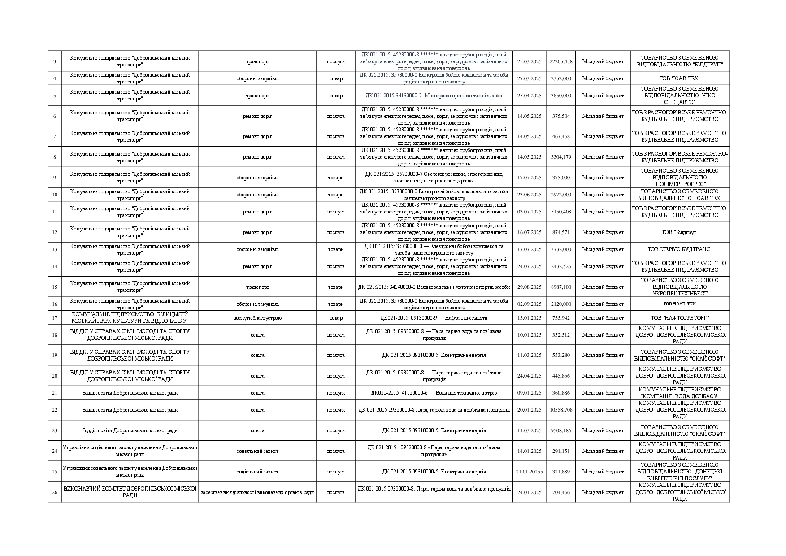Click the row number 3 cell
pos(55,61)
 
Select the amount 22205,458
pos(561,61)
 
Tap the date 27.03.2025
pos(530,78)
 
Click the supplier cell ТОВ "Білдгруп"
pos(680,232)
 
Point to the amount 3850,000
pos(561,96)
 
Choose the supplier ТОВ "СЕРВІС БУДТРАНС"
pos(680,249)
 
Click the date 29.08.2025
pos(530,287)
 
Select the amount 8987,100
pos(561,287)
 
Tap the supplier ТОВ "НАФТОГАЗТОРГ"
pos(680,318)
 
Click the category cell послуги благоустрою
pos(257,318)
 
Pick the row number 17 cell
pos(55,318)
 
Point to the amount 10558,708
pos(561,410)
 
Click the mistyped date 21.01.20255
pos(530,472)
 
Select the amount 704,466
pos(561,492)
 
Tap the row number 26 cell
pos(55,492)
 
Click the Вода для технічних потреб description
pos(434,393)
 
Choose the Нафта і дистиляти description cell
pos(434,318)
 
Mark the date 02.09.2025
pos(530,304)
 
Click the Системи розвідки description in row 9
pos(434,178)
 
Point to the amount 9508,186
pos(561,430)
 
